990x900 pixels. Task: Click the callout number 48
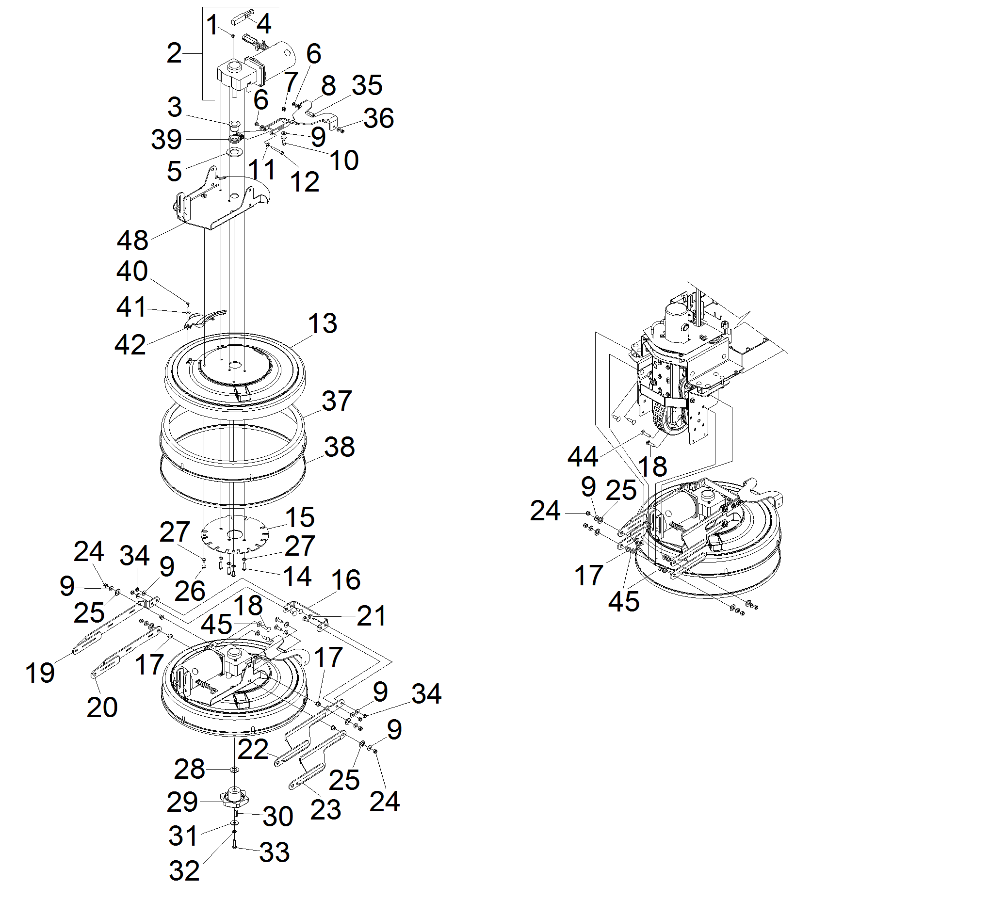(132, 241)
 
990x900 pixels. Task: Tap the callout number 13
(322, 323)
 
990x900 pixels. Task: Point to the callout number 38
(340, 447)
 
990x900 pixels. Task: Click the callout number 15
(300, 517)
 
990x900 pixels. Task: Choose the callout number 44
(583, 457)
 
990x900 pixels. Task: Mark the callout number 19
(40, 673)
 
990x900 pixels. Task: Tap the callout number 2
(174, 53)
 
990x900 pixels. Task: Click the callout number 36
(379, 119)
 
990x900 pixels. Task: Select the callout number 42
(130, 345)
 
